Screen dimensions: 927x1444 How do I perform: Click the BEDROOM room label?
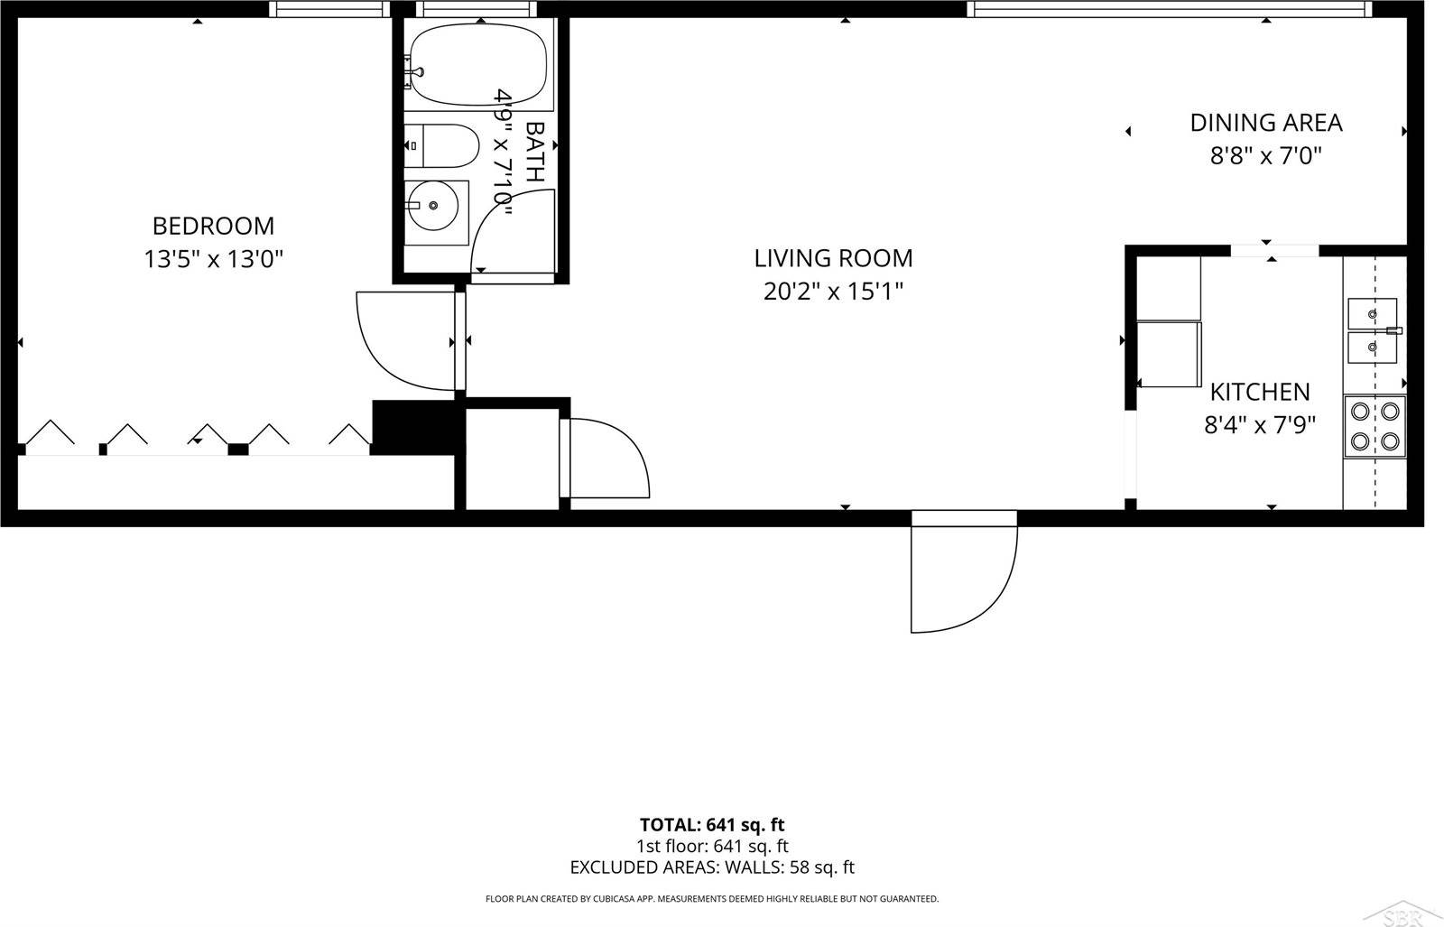(213, 226)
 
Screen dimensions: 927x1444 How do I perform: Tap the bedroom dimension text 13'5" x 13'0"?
(214, 260)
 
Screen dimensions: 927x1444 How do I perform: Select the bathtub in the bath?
(477, 64)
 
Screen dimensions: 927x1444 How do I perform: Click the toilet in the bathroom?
(442, 146)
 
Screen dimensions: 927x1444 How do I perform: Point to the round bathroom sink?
(434, 206)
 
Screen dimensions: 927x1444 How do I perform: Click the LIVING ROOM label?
(833, 258)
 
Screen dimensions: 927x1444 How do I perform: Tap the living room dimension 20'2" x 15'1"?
(833, 292)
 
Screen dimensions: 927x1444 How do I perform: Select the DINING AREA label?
(1265, 123)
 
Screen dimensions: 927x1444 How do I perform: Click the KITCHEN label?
(1259, 392)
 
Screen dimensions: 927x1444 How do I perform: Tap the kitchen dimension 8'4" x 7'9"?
(1259, 425)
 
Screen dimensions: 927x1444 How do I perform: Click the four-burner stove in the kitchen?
(1375, 426)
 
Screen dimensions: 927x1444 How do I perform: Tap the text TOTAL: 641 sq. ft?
(712, 825)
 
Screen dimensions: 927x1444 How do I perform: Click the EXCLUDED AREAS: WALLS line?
(712, 868)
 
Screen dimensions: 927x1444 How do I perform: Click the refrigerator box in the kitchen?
(1169, 354)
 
